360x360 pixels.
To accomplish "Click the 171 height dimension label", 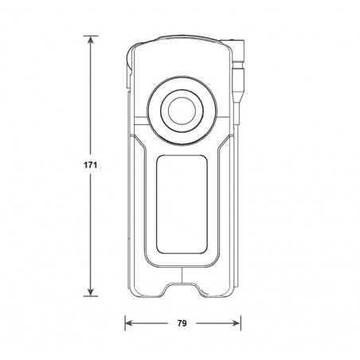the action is click(x=90, y=165).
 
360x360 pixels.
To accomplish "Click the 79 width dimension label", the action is click(x=182, y=323).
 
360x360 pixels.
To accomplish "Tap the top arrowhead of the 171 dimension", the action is click(x=91, y=40).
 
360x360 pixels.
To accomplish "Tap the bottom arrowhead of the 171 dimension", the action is click(x=91, y=292).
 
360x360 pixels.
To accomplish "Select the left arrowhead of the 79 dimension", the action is click(x=129, y=323).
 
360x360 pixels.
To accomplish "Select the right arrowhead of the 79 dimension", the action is click(x=237, y=323).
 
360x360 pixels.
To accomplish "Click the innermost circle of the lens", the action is click(x=182, y=111).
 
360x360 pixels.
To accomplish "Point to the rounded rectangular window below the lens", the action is click(x=182, y=205).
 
